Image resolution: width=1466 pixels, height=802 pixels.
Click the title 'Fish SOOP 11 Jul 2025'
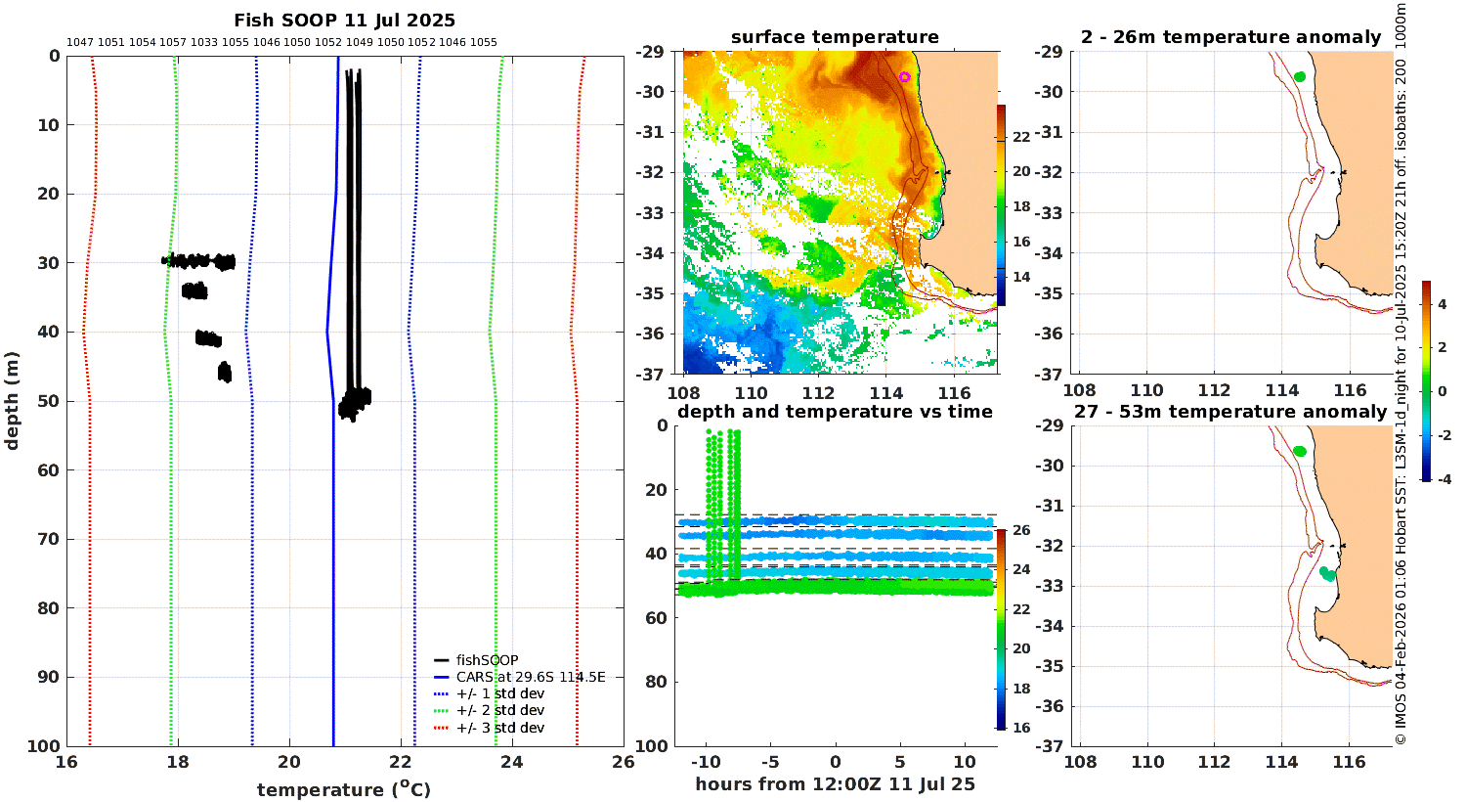click(x=344, y=21)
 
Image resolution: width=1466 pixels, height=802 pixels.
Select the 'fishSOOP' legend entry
click(x=487, y=660)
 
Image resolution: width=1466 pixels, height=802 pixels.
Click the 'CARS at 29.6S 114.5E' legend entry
click(x=530, y=677)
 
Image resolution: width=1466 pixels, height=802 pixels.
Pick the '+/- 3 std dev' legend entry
click(x=500, y=728)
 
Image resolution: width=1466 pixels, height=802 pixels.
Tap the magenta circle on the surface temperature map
click(x=904, y=76)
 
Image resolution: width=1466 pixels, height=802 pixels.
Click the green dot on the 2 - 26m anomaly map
click(x=1300, y=76)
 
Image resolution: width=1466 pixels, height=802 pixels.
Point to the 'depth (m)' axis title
click(x=11, y=401)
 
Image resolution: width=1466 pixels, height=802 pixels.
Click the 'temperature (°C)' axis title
click(x=344, y=789)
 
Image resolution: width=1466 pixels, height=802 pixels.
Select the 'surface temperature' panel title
click(x=835, y=37)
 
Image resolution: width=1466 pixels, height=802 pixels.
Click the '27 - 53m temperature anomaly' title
click(x=1230, y=412)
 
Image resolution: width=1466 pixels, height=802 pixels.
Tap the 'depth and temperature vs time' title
click(x=835, y=412)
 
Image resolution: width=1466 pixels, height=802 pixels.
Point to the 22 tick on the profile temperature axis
click(x=401, y=761)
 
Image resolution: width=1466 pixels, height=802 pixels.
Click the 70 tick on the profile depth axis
click(x=49, y=539)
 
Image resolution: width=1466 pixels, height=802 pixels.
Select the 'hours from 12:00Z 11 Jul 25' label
click(x=835, y=783)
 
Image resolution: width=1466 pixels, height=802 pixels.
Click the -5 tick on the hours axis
click(x=770, y=762)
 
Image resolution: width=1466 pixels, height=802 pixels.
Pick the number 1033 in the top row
click(x=204, y=43)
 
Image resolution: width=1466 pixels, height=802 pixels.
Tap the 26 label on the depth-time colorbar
click(x=1021, y=530)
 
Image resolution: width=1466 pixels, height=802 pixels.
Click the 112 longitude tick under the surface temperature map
click(x=818, y=393)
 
